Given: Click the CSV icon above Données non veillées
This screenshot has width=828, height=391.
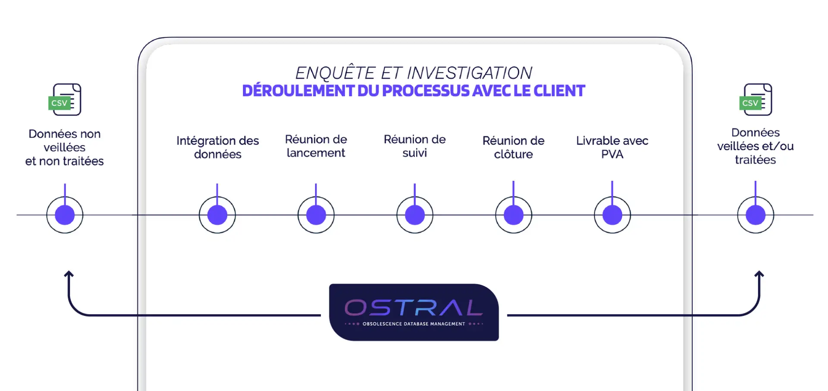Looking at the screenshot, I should (x=65, y=100).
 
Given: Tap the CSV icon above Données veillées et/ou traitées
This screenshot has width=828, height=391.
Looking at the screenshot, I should (x=756, y=100).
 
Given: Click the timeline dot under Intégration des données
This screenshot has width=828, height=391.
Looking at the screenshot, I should (x=217, y=215).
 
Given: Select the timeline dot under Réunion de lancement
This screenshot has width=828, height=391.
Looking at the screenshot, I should (x=316, y=215).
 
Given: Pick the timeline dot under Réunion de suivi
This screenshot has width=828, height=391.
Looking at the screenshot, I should (x=415, y=215).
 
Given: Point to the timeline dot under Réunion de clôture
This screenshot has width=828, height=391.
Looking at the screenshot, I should (x=514, y=215).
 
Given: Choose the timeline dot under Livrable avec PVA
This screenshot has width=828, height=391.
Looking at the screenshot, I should (x=612, y=215).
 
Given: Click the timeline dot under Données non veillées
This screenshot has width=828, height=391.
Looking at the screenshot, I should (x=65, y=215).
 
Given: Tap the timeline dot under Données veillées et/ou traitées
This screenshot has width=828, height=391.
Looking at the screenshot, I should (x=756, y=215).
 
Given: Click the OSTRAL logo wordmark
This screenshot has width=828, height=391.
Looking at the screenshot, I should (x=414, y=308).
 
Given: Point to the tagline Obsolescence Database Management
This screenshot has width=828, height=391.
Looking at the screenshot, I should (x=414, y=324).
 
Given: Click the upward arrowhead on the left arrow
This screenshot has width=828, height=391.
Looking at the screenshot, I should (x=69, y=274).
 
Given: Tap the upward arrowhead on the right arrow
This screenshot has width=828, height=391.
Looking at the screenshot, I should (x=759, y=274).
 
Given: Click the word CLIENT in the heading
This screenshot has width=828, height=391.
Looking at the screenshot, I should (x=559, y=91).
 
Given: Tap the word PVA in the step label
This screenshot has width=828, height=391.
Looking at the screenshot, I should (x=612, y=155).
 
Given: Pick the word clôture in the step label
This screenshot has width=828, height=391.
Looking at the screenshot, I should (x=514, y=155).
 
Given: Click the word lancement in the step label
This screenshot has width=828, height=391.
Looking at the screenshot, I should (x=316, y=153).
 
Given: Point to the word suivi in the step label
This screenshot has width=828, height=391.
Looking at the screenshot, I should (x=415, y=153).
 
